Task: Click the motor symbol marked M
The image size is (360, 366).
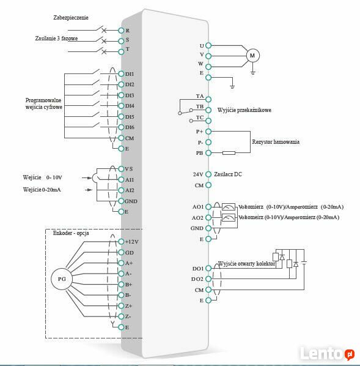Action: click(253, 56)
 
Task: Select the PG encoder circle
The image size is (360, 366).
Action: click(62, 279)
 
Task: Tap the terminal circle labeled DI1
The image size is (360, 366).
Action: click(121, 74)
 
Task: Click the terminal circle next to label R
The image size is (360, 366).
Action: click(121, 31)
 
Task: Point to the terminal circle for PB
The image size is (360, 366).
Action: click(208, 153)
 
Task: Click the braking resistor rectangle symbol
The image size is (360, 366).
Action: click(229, 153)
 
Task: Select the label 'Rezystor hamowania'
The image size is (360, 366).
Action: click(276, 141)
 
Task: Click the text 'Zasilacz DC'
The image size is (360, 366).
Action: click(228, 174)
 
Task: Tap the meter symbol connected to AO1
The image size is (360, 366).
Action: click(229, 207)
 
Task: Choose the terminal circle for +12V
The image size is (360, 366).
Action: click(121, 242)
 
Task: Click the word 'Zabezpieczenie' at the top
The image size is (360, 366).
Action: click(71, 18)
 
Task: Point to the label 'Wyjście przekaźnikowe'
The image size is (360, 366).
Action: click(244, 110)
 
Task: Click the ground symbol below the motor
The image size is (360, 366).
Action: click(253, 73)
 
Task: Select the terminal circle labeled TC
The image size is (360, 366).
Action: click(208, 121)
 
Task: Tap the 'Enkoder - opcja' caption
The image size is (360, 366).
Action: click(71, 233)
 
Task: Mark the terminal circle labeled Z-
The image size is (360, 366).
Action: click(121, 316)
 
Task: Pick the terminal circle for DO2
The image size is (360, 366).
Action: click(208, 278)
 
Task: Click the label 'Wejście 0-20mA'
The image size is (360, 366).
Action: click(42, 190)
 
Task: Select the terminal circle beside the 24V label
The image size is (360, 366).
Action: click(208, 174)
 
